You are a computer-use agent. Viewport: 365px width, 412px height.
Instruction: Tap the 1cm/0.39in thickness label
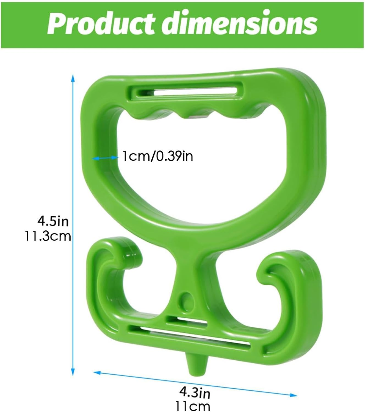(157, 157)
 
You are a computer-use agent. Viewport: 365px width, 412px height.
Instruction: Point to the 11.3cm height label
(48, 236)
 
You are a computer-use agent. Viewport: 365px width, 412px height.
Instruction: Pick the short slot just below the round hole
(187, 321)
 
